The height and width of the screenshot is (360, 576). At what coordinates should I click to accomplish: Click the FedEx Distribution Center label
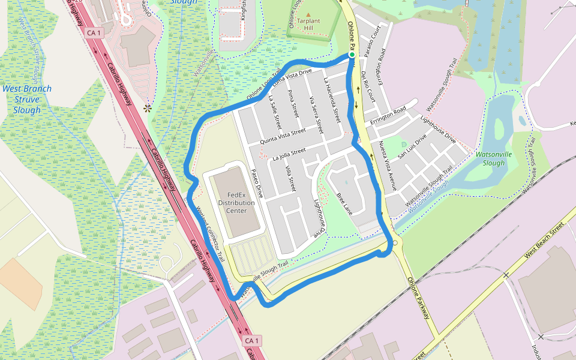(x=236, y=203)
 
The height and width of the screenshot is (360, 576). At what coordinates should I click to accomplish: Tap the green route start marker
(x=352, y=55)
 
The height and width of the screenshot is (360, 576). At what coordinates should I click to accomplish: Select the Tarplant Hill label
(x=308, y=24)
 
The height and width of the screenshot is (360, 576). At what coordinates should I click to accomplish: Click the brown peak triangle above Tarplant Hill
(x=308, y=14)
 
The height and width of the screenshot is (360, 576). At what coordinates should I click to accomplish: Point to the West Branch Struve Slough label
(x=27, y=99)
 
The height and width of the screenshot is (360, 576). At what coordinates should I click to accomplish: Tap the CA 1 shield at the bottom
(x=252, y=341)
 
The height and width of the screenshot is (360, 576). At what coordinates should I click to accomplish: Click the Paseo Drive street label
(x=257, y=182)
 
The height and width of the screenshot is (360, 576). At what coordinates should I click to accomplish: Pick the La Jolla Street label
(x=289, y=154)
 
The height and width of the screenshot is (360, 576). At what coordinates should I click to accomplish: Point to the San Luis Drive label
(x=413, y=145)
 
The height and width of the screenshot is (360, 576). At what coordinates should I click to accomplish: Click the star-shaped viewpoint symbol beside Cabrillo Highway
(x=147, y=109)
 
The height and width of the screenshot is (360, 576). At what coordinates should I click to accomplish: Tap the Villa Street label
(x=290, y=179)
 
